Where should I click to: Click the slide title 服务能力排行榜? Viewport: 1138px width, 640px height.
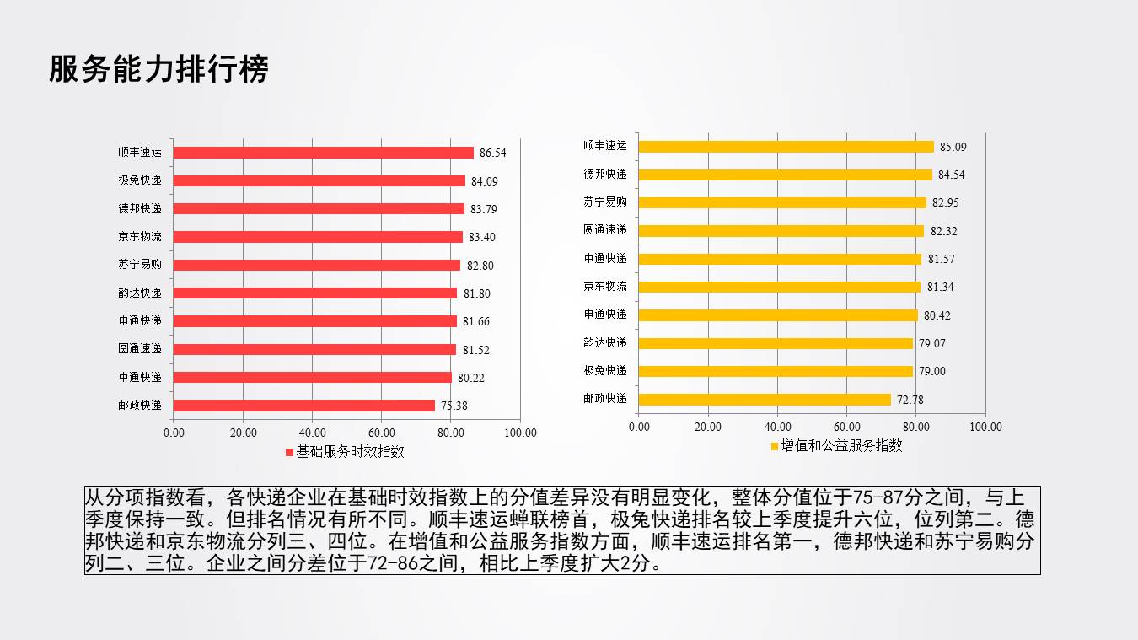(x=158, y=69)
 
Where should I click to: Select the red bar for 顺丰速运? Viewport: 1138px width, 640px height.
(x=324, y=153)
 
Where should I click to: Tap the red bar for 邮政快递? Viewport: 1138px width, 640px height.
(x=304, y=406)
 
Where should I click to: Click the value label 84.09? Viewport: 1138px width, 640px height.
(x=485, y=181)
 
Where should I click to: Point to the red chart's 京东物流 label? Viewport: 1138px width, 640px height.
(x=140, y=237)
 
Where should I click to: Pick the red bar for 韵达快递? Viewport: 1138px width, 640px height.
(x=315, y=293)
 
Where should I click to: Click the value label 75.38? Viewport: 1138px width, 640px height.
(x=454, y=406)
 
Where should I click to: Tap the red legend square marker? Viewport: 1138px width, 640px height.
(x=289, y=452)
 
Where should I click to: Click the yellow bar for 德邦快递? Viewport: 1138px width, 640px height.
(x=786, y=175)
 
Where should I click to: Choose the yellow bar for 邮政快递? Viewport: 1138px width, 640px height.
(x=765, y=400)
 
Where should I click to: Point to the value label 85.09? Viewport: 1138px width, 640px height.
(x=953, y=147)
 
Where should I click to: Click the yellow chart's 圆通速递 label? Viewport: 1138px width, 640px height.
(x=605, y=230)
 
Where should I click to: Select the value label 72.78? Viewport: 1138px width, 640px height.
(x=910, y=400)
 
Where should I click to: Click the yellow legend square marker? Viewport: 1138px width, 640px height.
(x=775, y=446)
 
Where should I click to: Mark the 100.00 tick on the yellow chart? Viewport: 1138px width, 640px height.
(x=985, y=427)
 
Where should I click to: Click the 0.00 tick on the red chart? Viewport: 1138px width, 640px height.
(x=174, y=433)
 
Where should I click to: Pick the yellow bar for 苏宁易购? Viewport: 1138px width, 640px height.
(x=782, y=202)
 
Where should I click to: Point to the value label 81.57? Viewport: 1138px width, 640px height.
(x=942, y=259)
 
